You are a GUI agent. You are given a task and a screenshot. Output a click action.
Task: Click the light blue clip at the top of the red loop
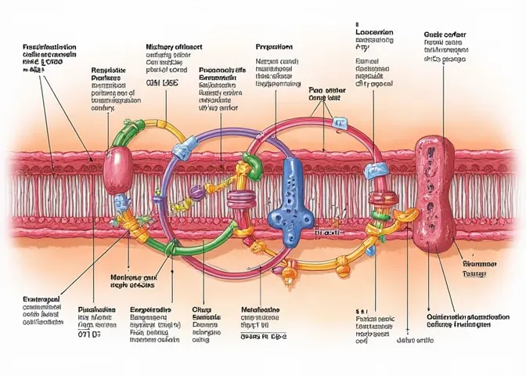pyautogui.click(x=340, y=123)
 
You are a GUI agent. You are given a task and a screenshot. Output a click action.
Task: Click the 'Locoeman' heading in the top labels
pyautogui.click(x=375, y=34)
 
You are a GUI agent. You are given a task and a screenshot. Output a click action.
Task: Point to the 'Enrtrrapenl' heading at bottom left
pyautogui.click(x=37, y=300)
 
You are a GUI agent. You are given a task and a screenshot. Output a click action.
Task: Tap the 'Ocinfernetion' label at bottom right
pyautogui.click(x=469, y=316)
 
